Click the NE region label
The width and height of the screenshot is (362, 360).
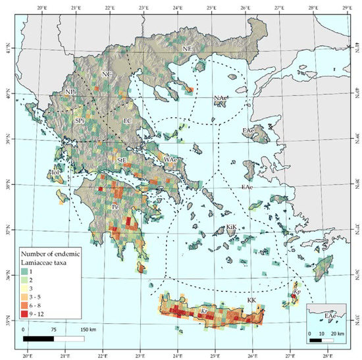click(x=188, y=48)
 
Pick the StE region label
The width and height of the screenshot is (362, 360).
click(x=121, y=160)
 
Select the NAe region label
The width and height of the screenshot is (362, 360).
click(x=220, y=98)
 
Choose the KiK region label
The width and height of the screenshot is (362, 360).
click(x=231, y=227)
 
